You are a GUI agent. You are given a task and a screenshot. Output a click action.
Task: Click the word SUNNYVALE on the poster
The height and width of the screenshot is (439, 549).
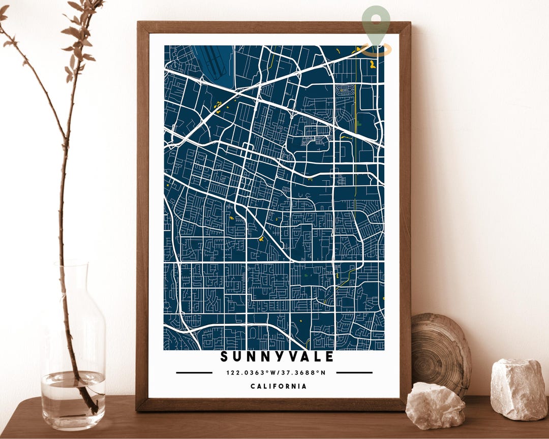coord(278,357)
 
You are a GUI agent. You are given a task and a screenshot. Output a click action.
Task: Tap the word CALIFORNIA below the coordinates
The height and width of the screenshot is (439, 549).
coord(279,386)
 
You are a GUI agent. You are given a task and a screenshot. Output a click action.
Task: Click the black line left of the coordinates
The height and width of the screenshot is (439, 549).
coord(194,372)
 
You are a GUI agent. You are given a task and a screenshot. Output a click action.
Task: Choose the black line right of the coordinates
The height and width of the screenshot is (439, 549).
coord(354,372)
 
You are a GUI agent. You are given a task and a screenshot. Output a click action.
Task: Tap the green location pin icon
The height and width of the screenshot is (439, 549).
coord(376,23)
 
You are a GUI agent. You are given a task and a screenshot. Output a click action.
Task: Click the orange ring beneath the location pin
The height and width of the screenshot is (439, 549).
coord(376,50)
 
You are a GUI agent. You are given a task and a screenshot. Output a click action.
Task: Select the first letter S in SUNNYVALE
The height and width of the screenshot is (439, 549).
coord(224,357)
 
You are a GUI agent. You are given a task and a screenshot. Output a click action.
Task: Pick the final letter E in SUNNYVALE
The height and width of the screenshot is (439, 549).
coord(330,357)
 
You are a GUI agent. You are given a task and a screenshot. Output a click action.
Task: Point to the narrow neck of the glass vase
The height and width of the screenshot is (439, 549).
coord(72,285)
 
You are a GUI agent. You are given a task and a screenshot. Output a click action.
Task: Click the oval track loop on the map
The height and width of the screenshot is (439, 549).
coord(345,91)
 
